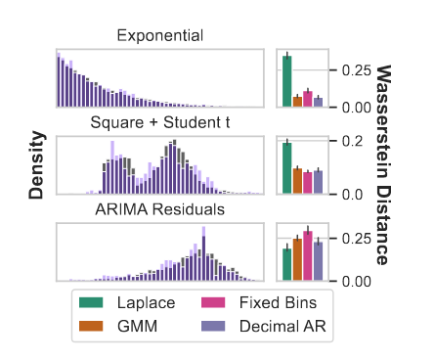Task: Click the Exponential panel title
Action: (160, 36)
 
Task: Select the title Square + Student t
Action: (160, 123)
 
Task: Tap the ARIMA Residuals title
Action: (160, 209)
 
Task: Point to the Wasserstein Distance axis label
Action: (384, 164)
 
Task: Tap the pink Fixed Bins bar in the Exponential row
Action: (308, 99)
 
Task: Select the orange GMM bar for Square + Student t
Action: (297, 181)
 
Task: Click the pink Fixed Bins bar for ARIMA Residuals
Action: (308, 256)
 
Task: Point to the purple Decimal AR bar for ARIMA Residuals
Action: (319, 261)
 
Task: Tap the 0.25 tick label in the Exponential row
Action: (350, 70)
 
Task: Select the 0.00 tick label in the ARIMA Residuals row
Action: (350, 282)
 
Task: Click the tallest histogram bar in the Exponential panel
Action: (59, 78)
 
